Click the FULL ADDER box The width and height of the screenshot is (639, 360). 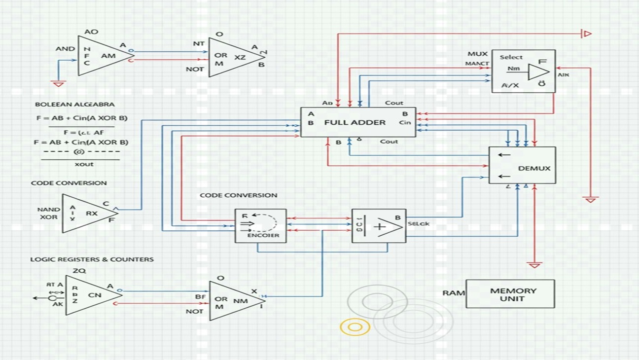358,122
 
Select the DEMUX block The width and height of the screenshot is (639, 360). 522,165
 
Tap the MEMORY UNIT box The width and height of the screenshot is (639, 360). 510,294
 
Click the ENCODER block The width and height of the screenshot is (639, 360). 260,226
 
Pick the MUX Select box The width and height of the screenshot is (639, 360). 523,71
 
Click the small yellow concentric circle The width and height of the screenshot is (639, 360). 355,327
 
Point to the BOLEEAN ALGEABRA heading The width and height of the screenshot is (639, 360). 74,105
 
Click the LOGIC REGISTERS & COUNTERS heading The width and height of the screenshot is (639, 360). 92,259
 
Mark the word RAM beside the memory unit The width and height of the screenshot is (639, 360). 453,293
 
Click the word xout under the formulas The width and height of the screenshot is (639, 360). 84,164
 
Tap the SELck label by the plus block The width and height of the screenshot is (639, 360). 419,224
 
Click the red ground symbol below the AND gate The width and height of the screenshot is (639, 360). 59,84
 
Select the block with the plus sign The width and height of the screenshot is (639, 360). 379,226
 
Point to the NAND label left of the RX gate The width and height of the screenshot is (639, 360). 48,210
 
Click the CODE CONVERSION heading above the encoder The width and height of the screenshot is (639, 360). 238,195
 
